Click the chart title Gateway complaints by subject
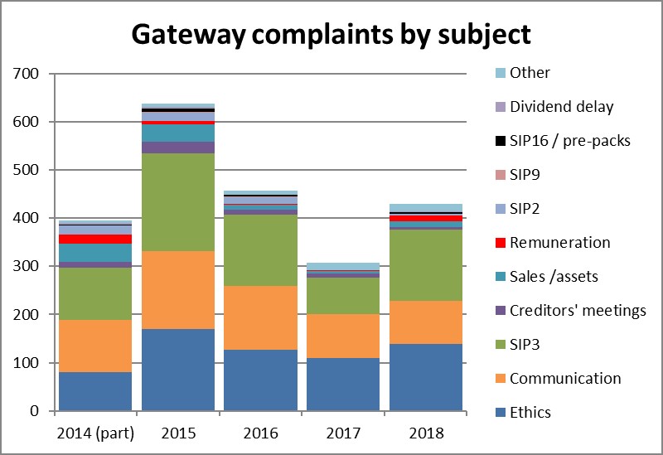(x=331, y=36)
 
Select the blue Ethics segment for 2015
(x=178, y=370)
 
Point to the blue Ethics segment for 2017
(x=344, y=384)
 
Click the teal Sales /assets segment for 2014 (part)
(x=95, y=252)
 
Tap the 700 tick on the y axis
(x=31, y=74)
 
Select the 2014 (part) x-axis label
(x=95, y=433)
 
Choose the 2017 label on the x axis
(x=344, y=433)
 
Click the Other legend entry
(x=530, y=72)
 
